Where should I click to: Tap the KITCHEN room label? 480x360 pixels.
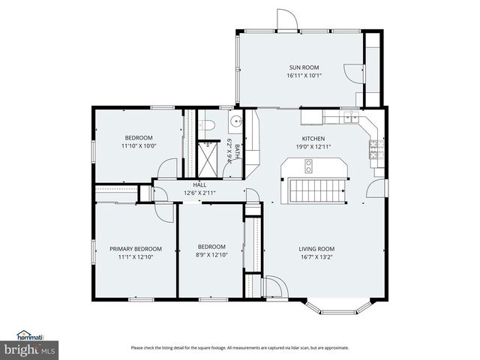(x=313, y=139)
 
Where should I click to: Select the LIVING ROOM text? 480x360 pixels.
(x=316, y=249)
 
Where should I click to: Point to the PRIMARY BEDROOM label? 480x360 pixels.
(x=136, y=249)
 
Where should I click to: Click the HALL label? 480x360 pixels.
(x=199, y=184)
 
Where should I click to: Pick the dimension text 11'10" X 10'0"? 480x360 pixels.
(x=139, y=146)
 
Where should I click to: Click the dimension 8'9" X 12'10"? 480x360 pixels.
(x=211, y=256)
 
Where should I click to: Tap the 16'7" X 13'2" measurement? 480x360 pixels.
(x=316, y=257)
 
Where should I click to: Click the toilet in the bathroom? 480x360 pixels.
(x=210, y=124)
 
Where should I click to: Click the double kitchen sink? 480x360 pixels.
(x=349, y=117)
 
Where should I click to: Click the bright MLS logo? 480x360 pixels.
(x=29, y=349)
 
